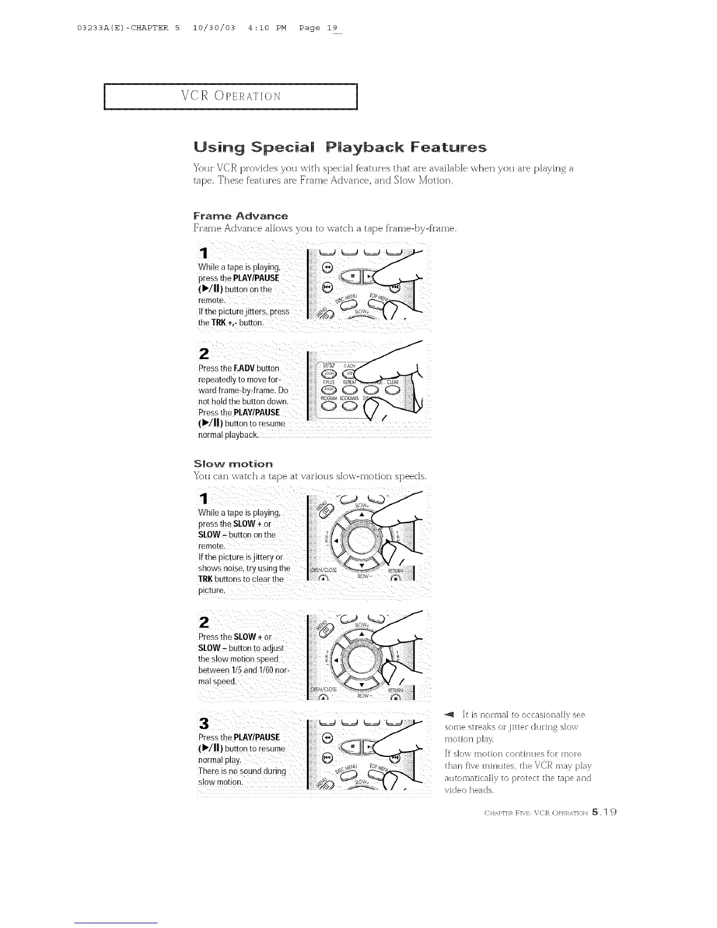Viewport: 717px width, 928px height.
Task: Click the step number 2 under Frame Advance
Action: pyautogui.click(x=204, y=354)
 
